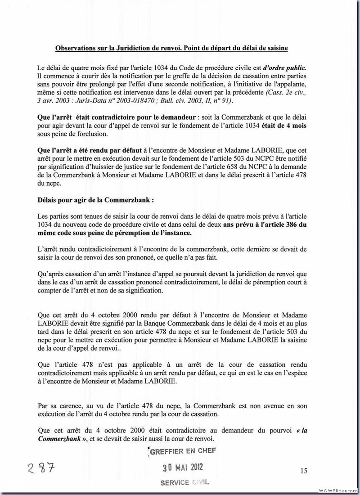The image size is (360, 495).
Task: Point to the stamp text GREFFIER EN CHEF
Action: tap(180, 451)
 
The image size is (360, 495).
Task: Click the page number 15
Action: tap(303, 471)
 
